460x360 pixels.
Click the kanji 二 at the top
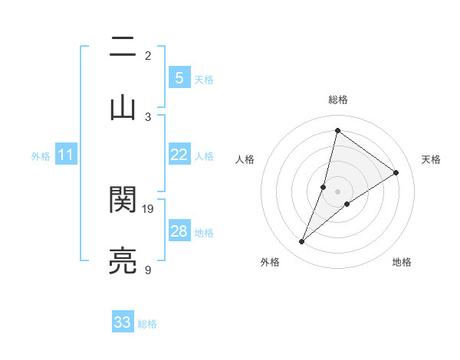coord(123,49)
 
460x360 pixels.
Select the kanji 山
coord(123,106)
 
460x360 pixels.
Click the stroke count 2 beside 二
coord(148,55)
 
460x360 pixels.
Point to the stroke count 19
coord(149,208)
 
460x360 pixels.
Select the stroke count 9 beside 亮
coord(148,270)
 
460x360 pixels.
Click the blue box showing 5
coord(179,78)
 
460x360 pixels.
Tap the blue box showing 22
coord(179,155)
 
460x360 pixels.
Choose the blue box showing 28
coord(179,231)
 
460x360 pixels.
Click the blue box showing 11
coord(66,155)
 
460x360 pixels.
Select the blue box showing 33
coord(123,322)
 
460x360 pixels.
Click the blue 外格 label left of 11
coord(41,156)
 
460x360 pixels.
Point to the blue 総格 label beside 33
coord(147,324)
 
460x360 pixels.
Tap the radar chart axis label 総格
coord(337,100)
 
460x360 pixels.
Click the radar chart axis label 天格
coord(432,159)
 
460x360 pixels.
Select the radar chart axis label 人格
coord(245,159)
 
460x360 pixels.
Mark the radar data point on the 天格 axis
coord(396,172)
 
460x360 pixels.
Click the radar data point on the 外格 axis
coord(302,242)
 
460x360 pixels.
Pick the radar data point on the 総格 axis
coord(337,130)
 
